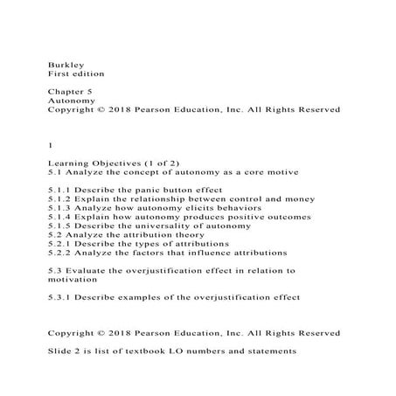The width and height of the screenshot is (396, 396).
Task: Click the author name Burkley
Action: (x=64, y=64)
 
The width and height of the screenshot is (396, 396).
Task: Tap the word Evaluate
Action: (x=87, y=271)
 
